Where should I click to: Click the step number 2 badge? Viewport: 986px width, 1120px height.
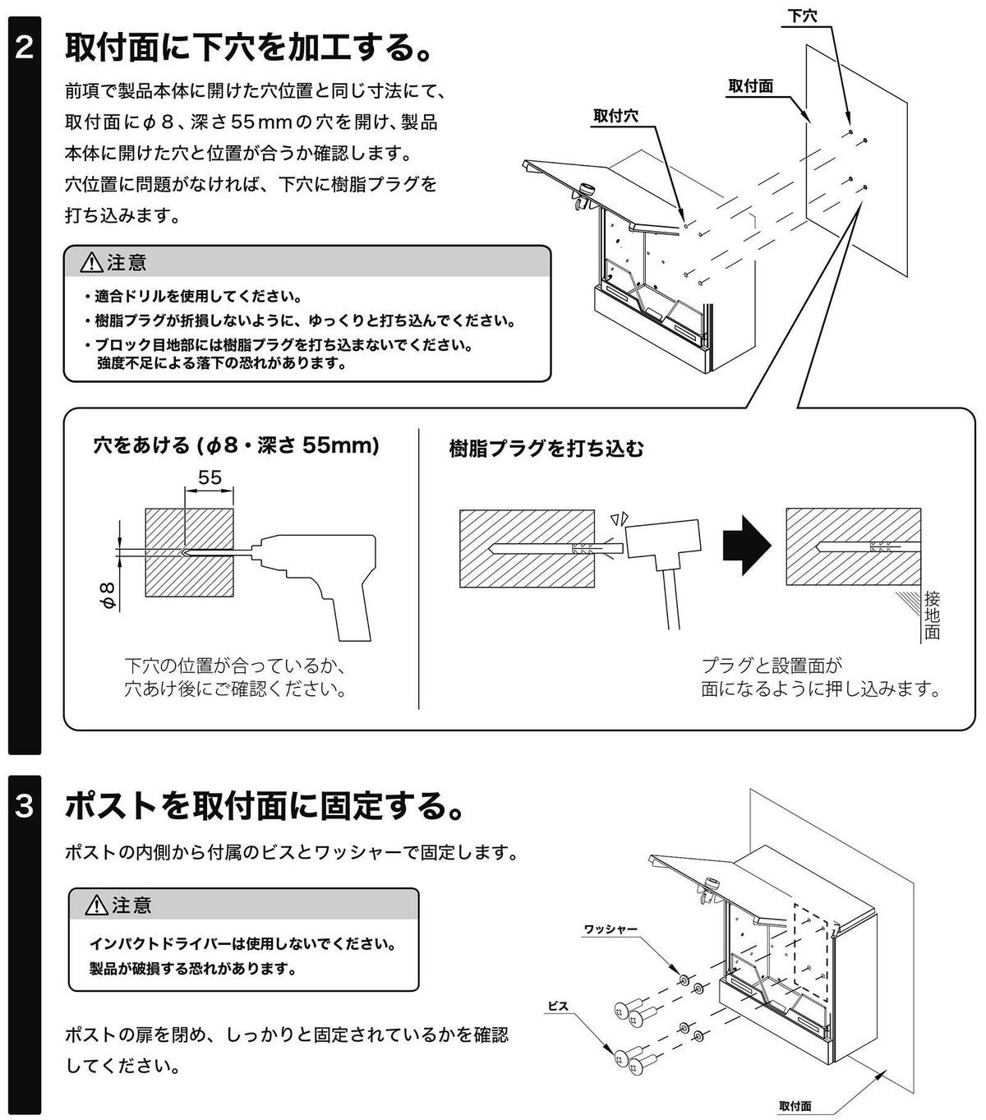[x=25, y=48]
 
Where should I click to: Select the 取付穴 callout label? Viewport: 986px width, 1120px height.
[x=615, y=116]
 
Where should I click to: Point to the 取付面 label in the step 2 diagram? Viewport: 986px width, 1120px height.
[x=750, y=86]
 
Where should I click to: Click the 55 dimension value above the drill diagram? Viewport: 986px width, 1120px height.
[x=210, y=477]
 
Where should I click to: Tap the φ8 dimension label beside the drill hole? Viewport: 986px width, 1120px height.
[x=108, y=592]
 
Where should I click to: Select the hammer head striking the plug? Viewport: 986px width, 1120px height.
[x=664, y=542]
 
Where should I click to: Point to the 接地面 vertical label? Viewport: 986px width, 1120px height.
[x=932, y=615]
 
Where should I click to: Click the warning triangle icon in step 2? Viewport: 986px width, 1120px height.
[x=91, y=263]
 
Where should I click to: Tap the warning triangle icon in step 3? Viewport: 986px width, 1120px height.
[x=96, y=906]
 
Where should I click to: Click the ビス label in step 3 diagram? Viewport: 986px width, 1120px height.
[x=558, y=1006]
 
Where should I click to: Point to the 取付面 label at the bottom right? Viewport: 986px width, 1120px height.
[x=795, y=1106]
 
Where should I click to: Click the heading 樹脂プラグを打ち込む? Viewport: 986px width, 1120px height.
[x=546, y=449]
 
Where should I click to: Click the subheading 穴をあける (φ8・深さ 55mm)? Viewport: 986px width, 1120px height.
[x=237, y=446]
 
